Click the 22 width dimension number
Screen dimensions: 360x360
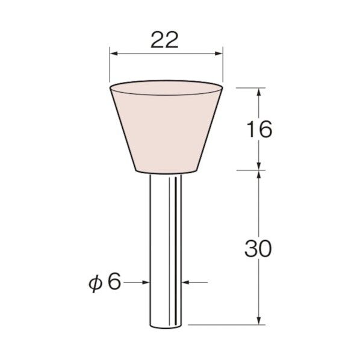164,40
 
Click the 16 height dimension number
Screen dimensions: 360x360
259,129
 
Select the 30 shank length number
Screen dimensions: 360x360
258,249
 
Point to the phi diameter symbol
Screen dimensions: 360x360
95,284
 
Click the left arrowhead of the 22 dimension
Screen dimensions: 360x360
114,54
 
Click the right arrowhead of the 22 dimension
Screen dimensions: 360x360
219,54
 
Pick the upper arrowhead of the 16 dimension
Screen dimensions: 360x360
259,92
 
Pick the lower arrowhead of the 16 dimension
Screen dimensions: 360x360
259,166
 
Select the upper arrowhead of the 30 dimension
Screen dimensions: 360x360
259,175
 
